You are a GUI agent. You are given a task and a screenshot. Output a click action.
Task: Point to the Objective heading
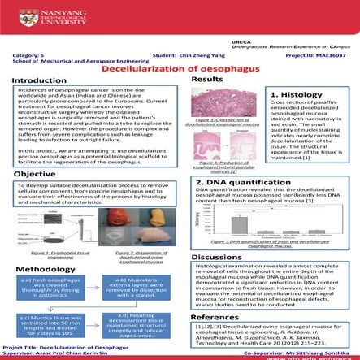coord(34,174)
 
